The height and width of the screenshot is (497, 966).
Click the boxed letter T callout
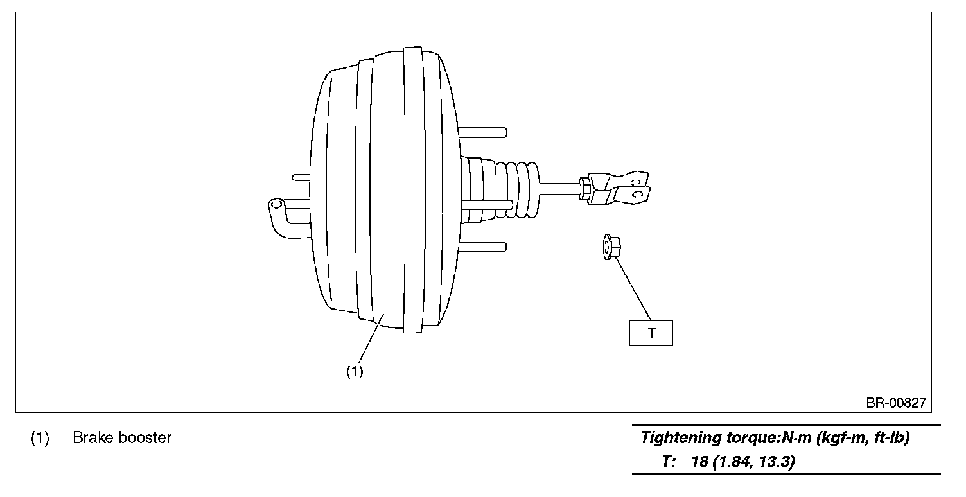pos(651,333)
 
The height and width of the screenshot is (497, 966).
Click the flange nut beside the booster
pos(610,247)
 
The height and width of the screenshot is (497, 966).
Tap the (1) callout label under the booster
pos(355,371)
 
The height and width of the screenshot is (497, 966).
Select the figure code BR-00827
pos(896,403)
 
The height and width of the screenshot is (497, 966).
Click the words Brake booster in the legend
pos(122,438)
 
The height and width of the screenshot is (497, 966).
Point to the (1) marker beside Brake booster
pos(40,438)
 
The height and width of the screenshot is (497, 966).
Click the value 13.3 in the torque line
pos(778,461)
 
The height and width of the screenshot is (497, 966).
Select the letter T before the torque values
pos(666,461)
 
